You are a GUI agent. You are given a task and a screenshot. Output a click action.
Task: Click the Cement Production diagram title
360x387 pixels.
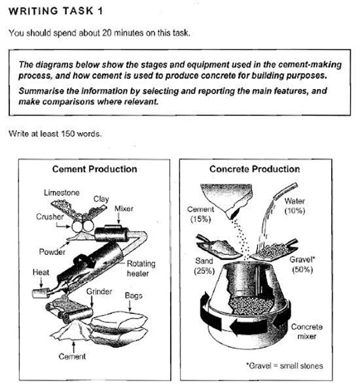94,169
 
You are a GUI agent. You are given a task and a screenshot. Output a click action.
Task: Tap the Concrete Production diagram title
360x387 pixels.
254,169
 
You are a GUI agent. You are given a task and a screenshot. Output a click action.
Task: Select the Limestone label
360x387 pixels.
61,193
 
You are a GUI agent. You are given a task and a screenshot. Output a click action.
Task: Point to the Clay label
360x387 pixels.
101,198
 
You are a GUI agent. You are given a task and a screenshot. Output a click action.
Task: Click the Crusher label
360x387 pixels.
48,217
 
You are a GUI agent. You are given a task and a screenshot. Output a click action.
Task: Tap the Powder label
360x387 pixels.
52,252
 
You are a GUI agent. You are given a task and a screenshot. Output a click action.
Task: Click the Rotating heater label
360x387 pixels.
141,269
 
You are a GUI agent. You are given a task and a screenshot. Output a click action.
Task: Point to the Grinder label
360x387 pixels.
99,291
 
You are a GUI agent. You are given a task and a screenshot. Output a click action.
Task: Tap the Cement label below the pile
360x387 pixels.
72,357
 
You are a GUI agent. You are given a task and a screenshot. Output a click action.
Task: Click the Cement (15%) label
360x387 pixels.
200,214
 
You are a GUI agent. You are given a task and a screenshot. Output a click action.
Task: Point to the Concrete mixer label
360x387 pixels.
306,332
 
